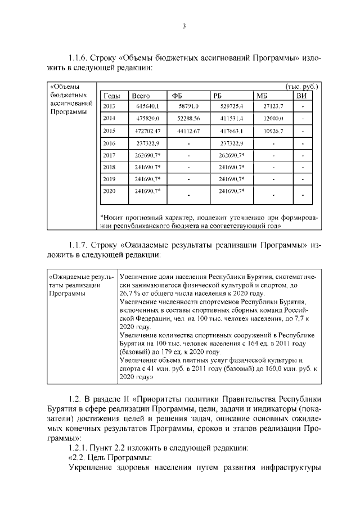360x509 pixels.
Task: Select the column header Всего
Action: [x=140, y=96]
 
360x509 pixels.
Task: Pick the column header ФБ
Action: [x=177, y=96]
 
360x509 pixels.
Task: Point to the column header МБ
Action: [x=262, y=96]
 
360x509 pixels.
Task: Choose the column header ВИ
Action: [x=301, y=96]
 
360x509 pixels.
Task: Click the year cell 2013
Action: [x=109, y=106]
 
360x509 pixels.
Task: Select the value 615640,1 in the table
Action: [x=148, y=106]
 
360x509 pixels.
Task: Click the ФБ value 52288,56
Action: [x=188, y=118]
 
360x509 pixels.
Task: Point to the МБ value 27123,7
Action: [x=273, y=106]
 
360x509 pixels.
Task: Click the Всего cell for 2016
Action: [x=148, y=143]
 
